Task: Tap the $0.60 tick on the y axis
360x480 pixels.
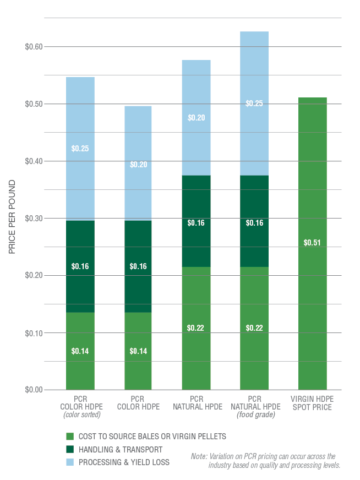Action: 34,47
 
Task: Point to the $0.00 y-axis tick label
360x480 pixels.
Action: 34,390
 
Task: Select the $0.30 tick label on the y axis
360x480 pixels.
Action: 34,219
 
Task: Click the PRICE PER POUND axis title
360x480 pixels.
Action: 12,217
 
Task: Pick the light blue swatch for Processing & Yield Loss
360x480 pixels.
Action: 69,462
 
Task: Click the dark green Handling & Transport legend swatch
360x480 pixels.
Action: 69,450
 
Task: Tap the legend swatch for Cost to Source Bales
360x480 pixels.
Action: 69,437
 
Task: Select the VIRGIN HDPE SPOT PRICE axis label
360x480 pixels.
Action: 313,402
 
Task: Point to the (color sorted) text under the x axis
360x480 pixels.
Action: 80,414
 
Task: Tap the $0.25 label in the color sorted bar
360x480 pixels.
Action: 80,148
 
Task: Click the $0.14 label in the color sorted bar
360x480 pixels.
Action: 80,351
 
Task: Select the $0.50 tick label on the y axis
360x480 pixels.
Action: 34,104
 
